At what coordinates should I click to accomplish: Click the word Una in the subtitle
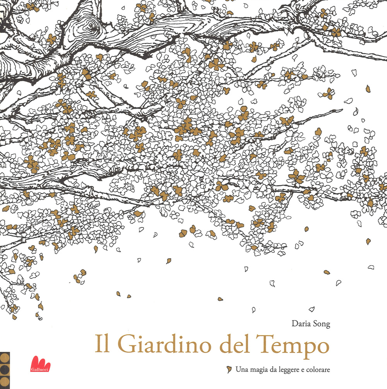coord(241,370)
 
